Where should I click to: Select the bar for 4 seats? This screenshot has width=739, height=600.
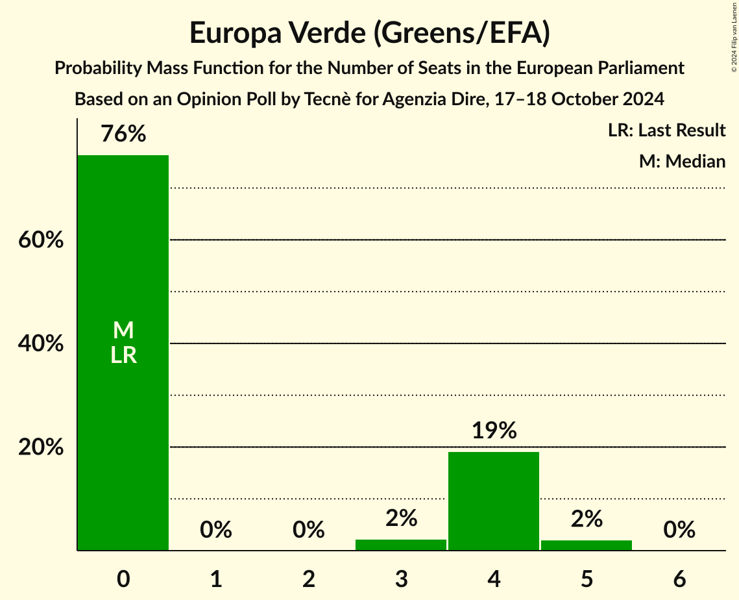tap(494, 501)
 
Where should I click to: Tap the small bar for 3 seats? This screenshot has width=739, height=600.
tap(401, 545)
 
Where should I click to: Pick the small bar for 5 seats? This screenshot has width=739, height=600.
tap(587, 545)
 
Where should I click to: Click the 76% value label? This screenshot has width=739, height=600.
tap(123, 134)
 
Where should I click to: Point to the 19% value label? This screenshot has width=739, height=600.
tap(494, 431)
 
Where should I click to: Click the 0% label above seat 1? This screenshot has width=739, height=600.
tap(216, 530)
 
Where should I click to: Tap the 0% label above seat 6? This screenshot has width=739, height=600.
tap(679, 530)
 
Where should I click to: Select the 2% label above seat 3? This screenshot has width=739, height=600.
tap(401, 518)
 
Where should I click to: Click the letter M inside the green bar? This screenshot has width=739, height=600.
tap(123, 331)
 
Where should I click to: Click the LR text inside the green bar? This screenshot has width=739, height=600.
tap(123, 355)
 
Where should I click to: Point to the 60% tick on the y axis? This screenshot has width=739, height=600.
tap(41, 240)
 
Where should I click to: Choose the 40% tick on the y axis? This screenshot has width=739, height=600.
tap(41, 344)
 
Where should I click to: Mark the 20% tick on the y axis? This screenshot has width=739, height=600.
tap(41, 447)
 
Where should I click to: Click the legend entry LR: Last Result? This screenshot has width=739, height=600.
tap(666, 131)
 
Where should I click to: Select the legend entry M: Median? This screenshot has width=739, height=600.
tap(682, 161)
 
